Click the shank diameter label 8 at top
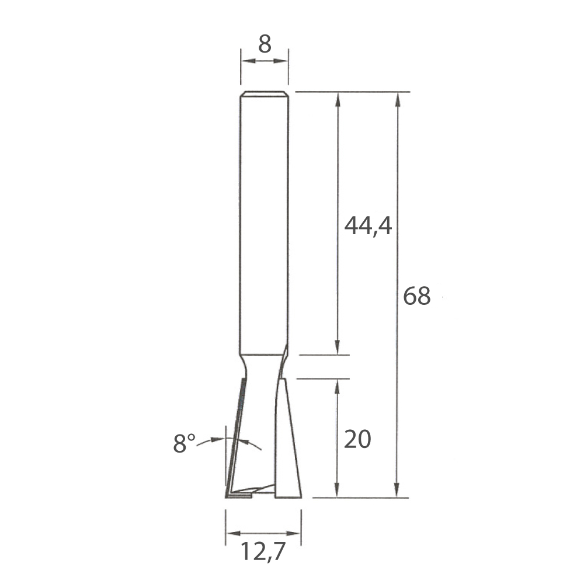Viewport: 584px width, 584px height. click(265, 44)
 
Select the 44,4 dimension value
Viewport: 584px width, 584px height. click(368, 226)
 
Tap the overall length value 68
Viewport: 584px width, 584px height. click(417, 296)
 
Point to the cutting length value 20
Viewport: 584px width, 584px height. click(357, 439)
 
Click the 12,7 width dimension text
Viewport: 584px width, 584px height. click(263, 551)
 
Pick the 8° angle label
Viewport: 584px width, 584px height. click(184, 443)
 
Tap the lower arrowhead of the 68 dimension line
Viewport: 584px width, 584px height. click(397, 489)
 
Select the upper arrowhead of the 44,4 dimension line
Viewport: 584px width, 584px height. click(338, 100)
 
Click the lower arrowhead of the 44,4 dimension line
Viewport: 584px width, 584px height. click(337, 347)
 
